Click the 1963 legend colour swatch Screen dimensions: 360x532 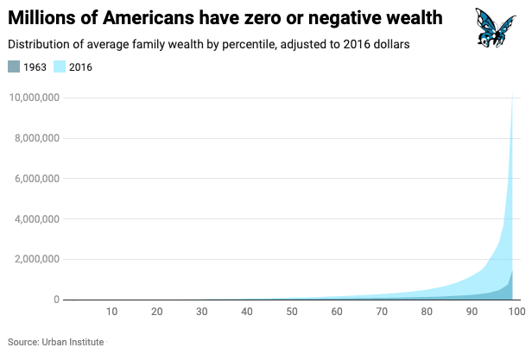tap(14, 66)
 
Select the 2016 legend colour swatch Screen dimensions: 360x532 tap(59, 66)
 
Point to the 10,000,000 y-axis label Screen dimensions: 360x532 tap(34, 98)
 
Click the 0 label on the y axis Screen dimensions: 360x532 tap(56, 300)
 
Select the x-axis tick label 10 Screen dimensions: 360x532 tap(111, 312)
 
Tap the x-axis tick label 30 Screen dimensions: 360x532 tap(201, 312)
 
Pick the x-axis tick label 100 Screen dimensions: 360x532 tap(516, 312)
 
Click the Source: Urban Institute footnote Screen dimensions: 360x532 tap(56, 342)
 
